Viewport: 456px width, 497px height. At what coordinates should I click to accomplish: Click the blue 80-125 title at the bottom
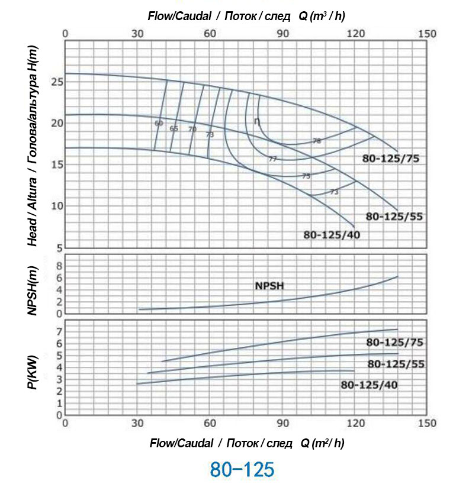[242, 469]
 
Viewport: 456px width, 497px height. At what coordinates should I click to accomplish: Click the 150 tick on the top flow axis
[427, 33]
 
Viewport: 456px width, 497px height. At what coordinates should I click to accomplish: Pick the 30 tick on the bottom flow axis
[137, 423]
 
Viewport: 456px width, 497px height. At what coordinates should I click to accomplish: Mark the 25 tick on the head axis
[57, 82]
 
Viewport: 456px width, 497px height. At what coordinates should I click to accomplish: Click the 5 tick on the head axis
[59, 247]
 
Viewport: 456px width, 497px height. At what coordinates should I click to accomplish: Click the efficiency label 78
[316, 141]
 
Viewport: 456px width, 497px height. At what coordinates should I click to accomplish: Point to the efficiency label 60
[159, 123]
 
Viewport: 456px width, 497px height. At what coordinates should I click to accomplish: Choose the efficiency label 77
[272, 159]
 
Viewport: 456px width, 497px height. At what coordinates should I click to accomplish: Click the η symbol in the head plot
[257, 121]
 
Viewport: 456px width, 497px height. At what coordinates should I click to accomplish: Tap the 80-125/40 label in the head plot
[332, 234]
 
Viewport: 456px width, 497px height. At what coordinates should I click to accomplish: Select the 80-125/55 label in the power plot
[396, 364]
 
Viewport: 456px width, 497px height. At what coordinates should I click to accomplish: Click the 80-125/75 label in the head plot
[390, 158]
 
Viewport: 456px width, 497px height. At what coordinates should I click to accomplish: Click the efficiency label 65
[174, 128]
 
